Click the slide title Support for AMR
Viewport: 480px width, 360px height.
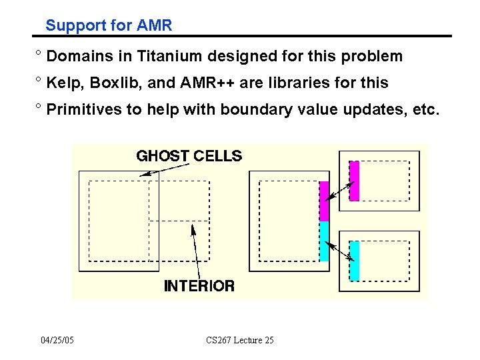[109, 26]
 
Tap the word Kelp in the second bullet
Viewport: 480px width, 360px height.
[63, 83]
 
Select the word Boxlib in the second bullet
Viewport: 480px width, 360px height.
[112, 83]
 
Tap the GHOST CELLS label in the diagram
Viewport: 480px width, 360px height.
[189, 156]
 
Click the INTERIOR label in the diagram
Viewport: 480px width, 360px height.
[199, 286]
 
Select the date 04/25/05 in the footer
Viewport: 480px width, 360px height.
[57, 341]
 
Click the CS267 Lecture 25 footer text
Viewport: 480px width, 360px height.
[240, 341]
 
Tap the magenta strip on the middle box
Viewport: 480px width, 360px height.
[324, 201]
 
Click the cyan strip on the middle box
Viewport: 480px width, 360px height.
[324, 241]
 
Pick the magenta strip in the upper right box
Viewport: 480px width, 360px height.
[354, 180]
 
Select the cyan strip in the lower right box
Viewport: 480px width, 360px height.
[354, 261]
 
